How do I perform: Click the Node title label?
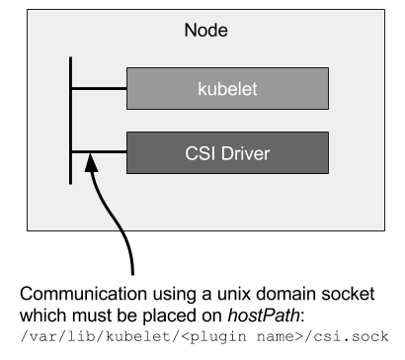coord(206,31)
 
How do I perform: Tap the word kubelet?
coord(227,89)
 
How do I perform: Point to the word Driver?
coord(243,153)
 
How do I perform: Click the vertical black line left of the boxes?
coord(71,119)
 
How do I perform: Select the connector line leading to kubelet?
coord(99,88)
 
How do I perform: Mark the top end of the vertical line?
coord(71,59)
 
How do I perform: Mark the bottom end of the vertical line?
coord(71,183)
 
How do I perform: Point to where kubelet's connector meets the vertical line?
coord(71,88)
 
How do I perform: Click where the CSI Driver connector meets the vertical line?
coord(71,152)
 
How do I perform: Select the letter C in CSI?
coord(191,153)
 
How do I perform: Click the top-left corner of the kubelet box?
coord(127,68)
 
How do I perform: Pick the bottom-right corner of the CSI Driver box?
coord(328,173)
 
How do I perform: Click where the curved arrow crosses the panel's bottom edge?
coord(121,230)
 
